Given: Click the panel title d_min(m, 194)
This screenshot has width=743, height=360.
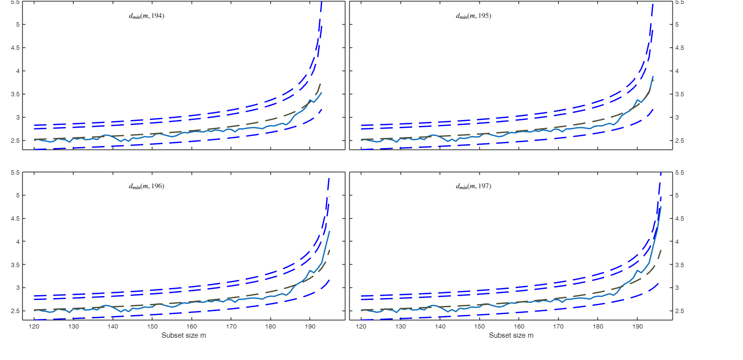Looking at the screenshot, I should point(147,16).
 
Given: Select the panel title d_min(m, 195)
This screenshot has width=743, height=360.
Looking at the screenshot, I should point(474,16).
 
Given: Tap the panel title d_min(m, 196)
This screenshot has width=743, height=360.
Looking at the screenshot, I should point(147,186).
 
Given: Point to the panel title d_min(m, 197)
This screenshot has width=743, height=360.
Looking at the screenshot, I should point(474,186).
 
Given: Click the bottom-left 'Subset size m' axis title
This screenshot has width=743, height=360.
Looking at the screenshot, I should point(184,335).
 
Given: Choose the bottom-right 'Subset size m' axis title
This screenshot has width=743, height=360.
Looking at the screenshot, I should point(511,335).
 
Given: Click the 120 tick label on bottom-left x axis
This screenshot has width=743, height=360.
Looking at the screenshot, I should point(34,327).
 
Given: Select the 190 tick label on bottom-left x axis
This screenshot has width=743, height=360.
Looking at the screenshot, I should point(310,327).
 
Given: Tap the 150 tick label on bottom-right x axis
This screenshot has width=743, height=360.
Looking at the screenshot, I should point(479,327).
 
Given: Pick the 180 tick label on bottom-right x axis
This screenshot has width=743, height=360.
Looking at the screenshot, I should point(598,327).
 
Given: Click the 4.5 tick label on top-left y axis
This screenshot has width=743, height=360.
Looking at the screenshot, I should point(15,48).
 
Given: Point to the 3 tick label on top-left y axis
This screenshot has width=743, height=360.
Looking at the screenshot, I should point(18,118).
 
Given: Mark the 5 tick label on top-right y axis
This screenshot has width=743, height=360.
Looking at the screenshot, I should point(679,25).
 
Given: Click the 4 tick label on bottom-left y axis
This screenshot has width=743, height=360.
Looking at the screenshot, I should point(18,241).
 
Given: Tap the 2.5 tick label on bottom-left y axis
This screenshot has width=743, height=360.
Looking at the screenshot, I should point(15,311).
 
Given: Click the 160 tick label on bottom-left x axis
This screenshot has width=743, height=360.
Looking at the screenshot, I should point(192,327).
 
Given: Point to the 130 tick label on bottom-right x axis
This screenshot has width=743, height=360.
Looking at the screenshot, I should point(401,327).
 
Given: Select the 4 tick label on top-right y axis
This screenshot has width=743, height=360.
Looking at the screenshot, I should point(679,71).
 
